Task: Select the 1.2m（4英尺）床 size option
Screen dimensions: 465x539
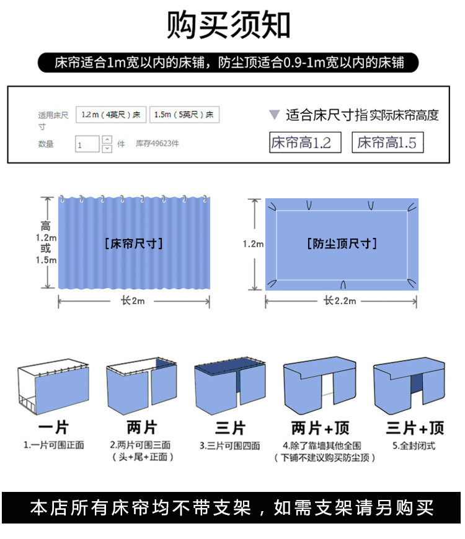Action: click(x=110, y=115)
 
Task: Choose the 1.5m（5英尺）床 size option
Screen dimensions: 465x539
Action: click(x=184, y=115)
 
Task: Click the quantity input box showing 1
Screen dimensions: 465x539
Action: click(x=87, y=144)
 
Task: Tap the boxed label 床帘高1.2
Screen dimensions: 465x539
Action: click(x=301, y=143)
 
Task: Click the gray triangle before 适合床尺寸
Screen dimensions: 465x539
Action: click(x=274, y=115)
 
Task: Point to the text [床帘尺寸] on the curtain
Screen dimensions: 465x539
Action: click(x=134, y=243)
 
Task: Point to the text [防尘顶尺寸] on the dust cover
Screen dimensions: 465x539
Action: click(x=342, y=243)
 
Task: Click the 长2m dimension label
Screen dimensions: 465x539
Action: click(x=134, y=301)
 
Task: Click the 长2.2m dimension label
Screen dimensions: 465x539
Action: click(x=340, y=301)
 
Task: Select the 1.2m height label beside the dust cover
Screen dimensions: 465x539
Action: click(x=253, y=244)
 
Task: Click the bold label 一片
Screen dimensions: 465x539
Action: click(x=53, y=427)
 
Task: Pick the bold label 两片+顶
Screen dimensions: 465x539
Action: click(x=321, y=427)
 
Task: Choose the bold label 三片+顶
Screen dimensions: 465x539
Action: click(x=415, y=427)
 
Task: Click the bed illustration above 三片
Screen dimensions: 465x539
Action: click(x=230, y=387)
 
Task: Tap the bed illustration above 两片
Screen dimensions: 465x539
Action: click(x=141, y=387)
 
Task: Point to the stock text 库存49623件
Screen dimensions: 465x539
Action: click(x=157, y=144)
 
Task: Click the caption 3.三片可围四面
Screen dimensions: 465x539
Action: click(x=230, y=445)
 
